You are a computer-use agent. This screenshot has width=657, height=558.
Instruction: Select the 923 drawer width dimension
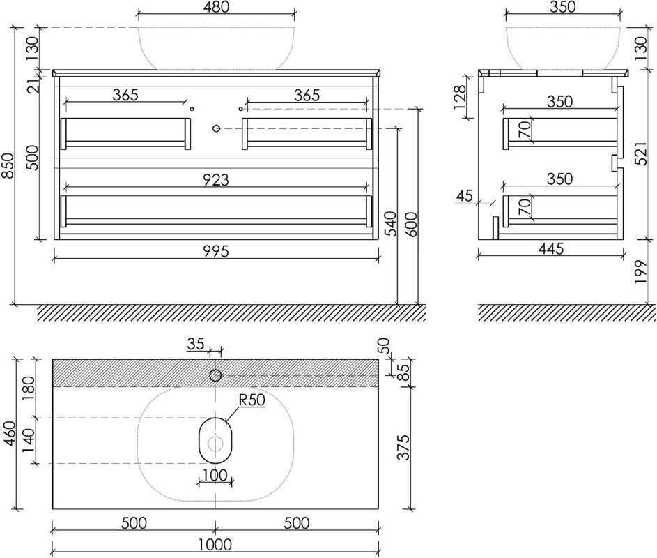(216, 179)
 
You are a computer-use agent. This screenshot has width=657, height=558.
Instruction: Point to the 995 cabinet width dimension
(216, 251)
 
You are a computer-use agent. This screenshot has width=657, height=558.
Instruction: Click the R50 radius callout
(252, 400)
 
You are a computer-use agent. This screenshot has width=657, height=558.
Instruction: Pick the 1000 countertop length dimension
(215, 545)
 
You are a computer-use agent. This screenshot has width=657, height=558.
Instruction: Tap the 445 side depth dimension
(551, 249)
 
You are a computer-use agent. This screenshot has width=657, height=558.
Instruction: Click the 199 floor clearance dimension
(641, 272)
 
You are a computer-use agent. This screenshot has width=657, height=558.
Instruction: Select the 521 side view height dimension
(641, 153)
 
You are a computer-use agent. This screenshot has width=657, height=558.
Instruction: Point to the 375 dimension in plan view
(403, 447)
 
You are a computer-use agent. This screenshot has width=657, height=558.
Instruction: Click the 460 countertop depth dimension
(9, 434)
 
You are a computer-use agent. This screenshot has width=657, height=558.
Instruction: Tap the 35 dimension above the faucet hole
(196, 344)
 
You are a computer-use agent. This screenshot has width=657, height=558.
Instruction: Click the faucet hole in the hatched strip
(215, 375)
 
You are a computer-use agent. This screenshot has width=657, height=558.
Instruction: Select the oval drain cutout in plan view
(215, 441)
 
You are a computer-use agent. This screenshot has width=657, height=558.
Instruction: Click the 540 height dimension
(390, 224)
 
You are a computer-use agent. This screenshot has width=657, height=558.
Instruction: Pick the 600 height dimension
(412, 225)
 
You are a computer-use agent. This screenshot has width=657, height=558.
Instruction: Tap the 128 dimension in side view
(459, 97)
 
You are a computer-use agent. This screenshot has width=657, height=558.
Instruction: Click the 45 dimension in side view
(464, 195)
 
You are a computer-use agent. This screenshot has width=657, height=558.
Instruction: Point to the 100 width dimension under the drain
(215, 475)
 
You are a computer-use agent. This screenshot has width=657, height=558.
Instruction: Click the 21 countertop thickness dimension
(36, 86)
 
